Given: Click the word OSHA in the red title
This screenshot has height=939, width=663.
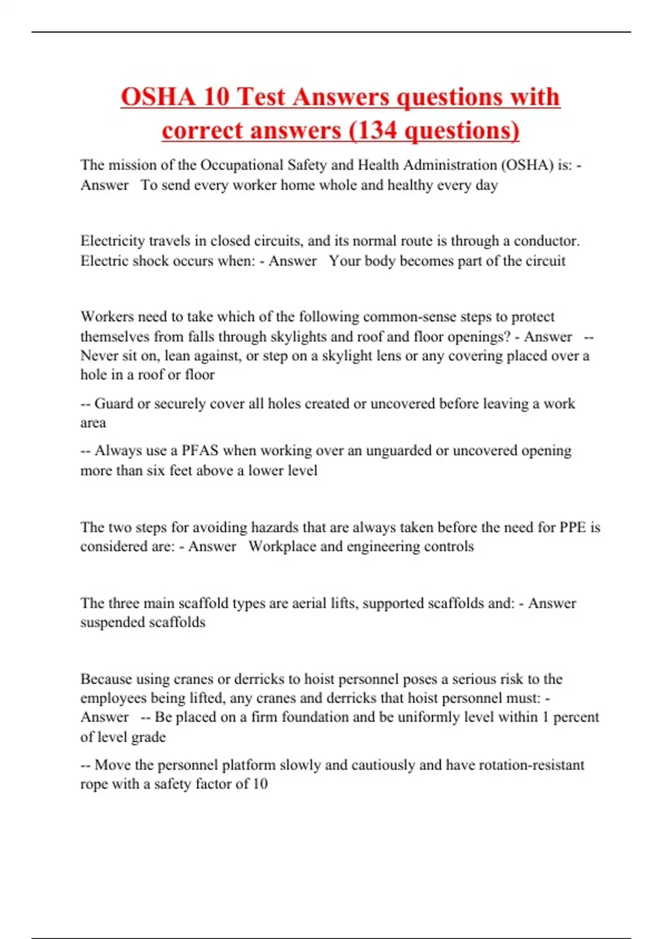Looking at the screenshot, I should coord(157,97).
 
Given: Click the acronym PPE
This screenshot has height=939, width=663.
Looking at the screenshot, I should coord(572,527).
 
